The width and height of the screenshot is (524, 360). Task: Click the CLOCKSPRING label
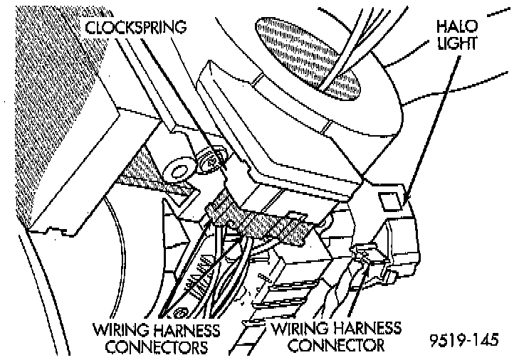click(136, 28)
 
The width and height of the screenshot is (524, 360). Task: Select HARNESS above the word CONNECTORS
click(183, 331)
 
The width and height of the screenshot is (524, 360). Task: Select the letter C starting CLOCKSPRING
click(90, 28)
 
